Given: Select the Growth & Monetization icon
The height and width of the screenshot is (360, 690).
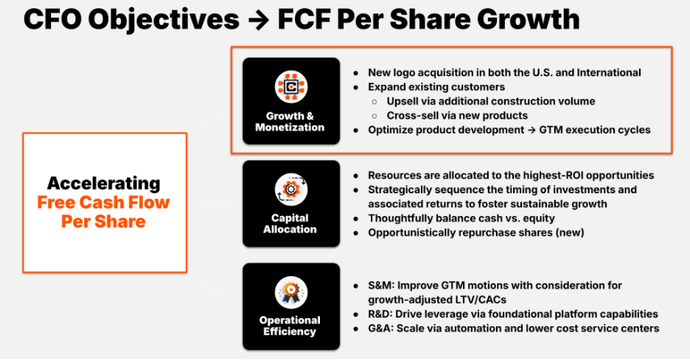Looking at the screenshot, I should tap(290, 87).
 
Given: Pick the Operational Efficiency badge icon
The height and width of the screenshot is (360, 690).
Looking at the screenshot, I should tap(290, 291).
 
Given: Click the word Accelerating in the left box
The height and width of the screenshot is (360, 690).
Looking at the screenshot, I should tap(103, 183).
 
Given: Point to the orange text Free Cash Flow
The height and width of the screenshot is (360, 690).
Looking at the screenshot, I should tap(103, 202).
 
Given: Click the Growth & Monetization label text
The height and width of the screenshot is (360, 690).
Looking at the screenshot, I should tap(290, 121).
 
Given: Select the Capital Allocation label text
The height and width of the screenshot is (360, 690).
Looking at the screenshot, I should tap(290, 224).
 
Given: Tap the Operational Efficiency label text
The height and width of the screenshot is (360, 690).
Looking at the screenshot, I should tap(290, 325).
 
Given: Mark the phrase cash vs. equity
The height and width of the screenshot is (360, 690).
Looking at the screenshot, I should tap(515, 218).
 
